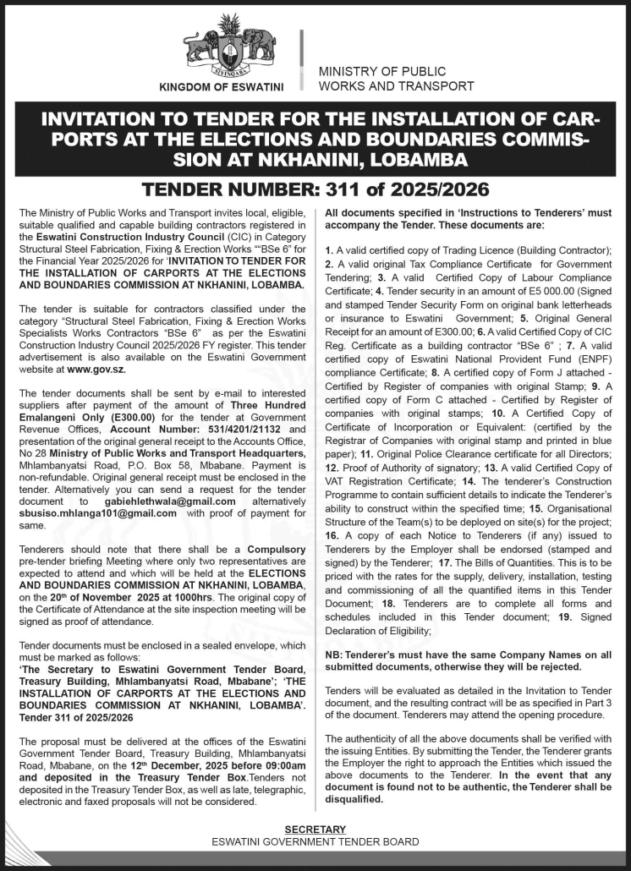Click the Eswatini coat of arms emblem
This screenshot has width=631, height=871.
click(x=229, y=47)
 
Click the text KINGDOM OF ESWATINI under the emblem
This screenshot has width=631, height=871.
click(x=222, y=87)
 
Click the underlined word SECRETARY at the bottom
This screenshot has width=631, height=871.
click(x=315, y=830)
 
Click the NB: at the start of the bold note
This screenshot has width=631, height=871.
click(x=334, y=655)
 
